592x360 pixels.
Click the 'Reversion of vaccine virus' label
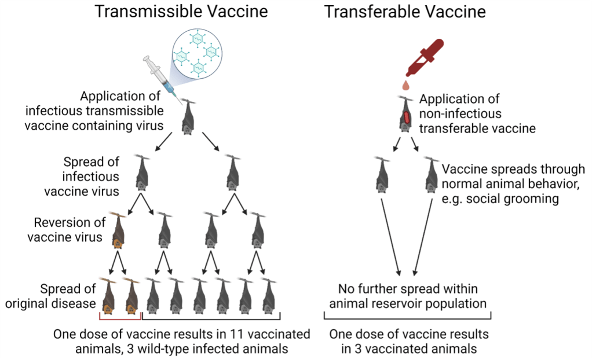point(68,230)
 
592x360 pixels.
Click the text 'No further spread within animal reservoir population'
point(412,295)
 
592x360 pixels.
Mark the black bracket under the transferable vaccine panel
point(407,317)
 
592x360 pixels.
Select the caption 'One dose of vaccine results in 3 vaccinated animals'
point(408,341)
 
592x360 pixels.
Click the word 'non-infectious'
point(461,113)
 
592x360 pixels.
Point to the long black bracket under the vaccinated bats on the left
point(211,317)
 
